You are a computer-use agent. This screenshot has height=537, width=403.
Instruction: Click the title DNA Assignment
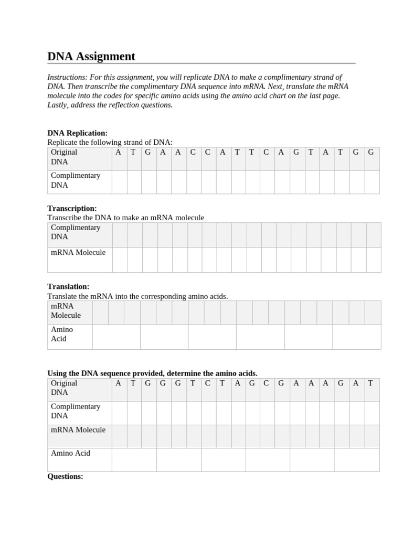click(91, 57)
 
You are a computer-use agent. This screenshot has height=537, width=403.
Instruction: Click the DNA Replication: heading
click(77, 133)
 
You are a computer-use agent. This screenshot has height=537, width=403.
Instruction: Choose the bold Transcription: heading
click(72, 208)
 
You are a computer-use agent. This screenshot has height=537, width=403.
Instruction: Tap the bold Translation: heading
click(68, 286)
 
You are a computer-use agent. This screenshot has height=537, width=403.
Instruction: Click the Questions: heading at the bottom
click(65, 477)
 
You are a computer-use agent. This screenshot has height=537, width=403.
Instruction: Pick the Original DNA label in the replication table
click(64, 157)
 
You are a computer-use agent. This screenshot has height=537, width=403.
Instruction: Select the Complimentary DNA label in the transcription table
click(75, 232)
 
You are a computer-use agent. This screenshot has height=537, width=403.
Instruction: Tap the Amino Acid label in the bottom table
click(70, 453)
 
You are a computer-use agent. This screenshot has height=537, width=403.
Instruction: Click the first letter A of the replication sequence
click(118, 152)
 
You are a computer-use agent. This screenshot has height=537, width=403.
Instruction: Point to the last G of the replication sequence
click(371, 152)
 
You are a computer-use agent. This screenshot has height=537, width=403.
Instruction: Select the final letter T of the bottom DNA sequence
click(370, 383)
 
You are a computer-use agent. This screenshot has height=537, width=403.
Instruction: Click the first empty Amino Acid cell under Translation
click(116, 337)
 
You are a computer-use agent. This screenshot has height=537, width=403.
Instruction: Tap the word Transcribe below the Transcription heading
click(65, 218)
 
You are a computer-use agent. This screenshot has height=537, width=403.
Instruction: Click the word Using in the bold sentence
click(58, 373)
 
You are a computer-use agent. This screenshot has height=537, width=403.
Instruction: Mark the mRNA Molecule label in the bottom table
click(78, 430)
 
